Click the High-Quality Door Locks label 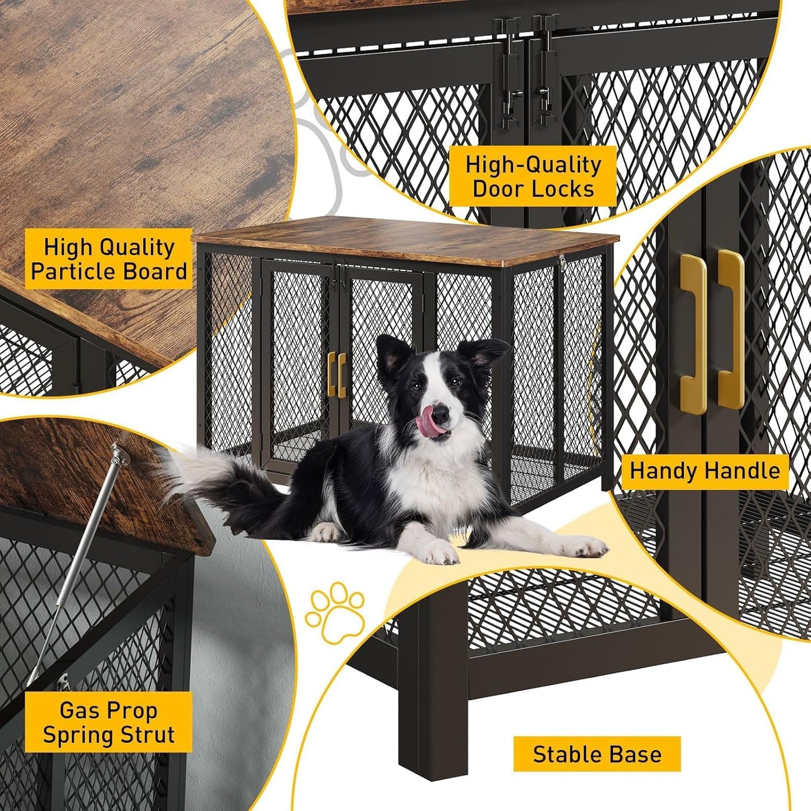pyautogui.click(x=533, y=176)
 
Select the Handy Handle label pyautogui.click(x=704, y=471)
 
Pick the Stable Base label pyautogui.click(x=597, y=754)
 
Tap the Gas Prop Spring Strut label pyautogui.click(x=109, y=722)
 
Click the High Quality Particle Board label pyautogui.click(x=109, y=259)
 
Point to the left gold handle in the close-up pyautogui.click(x=694, y=335)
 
